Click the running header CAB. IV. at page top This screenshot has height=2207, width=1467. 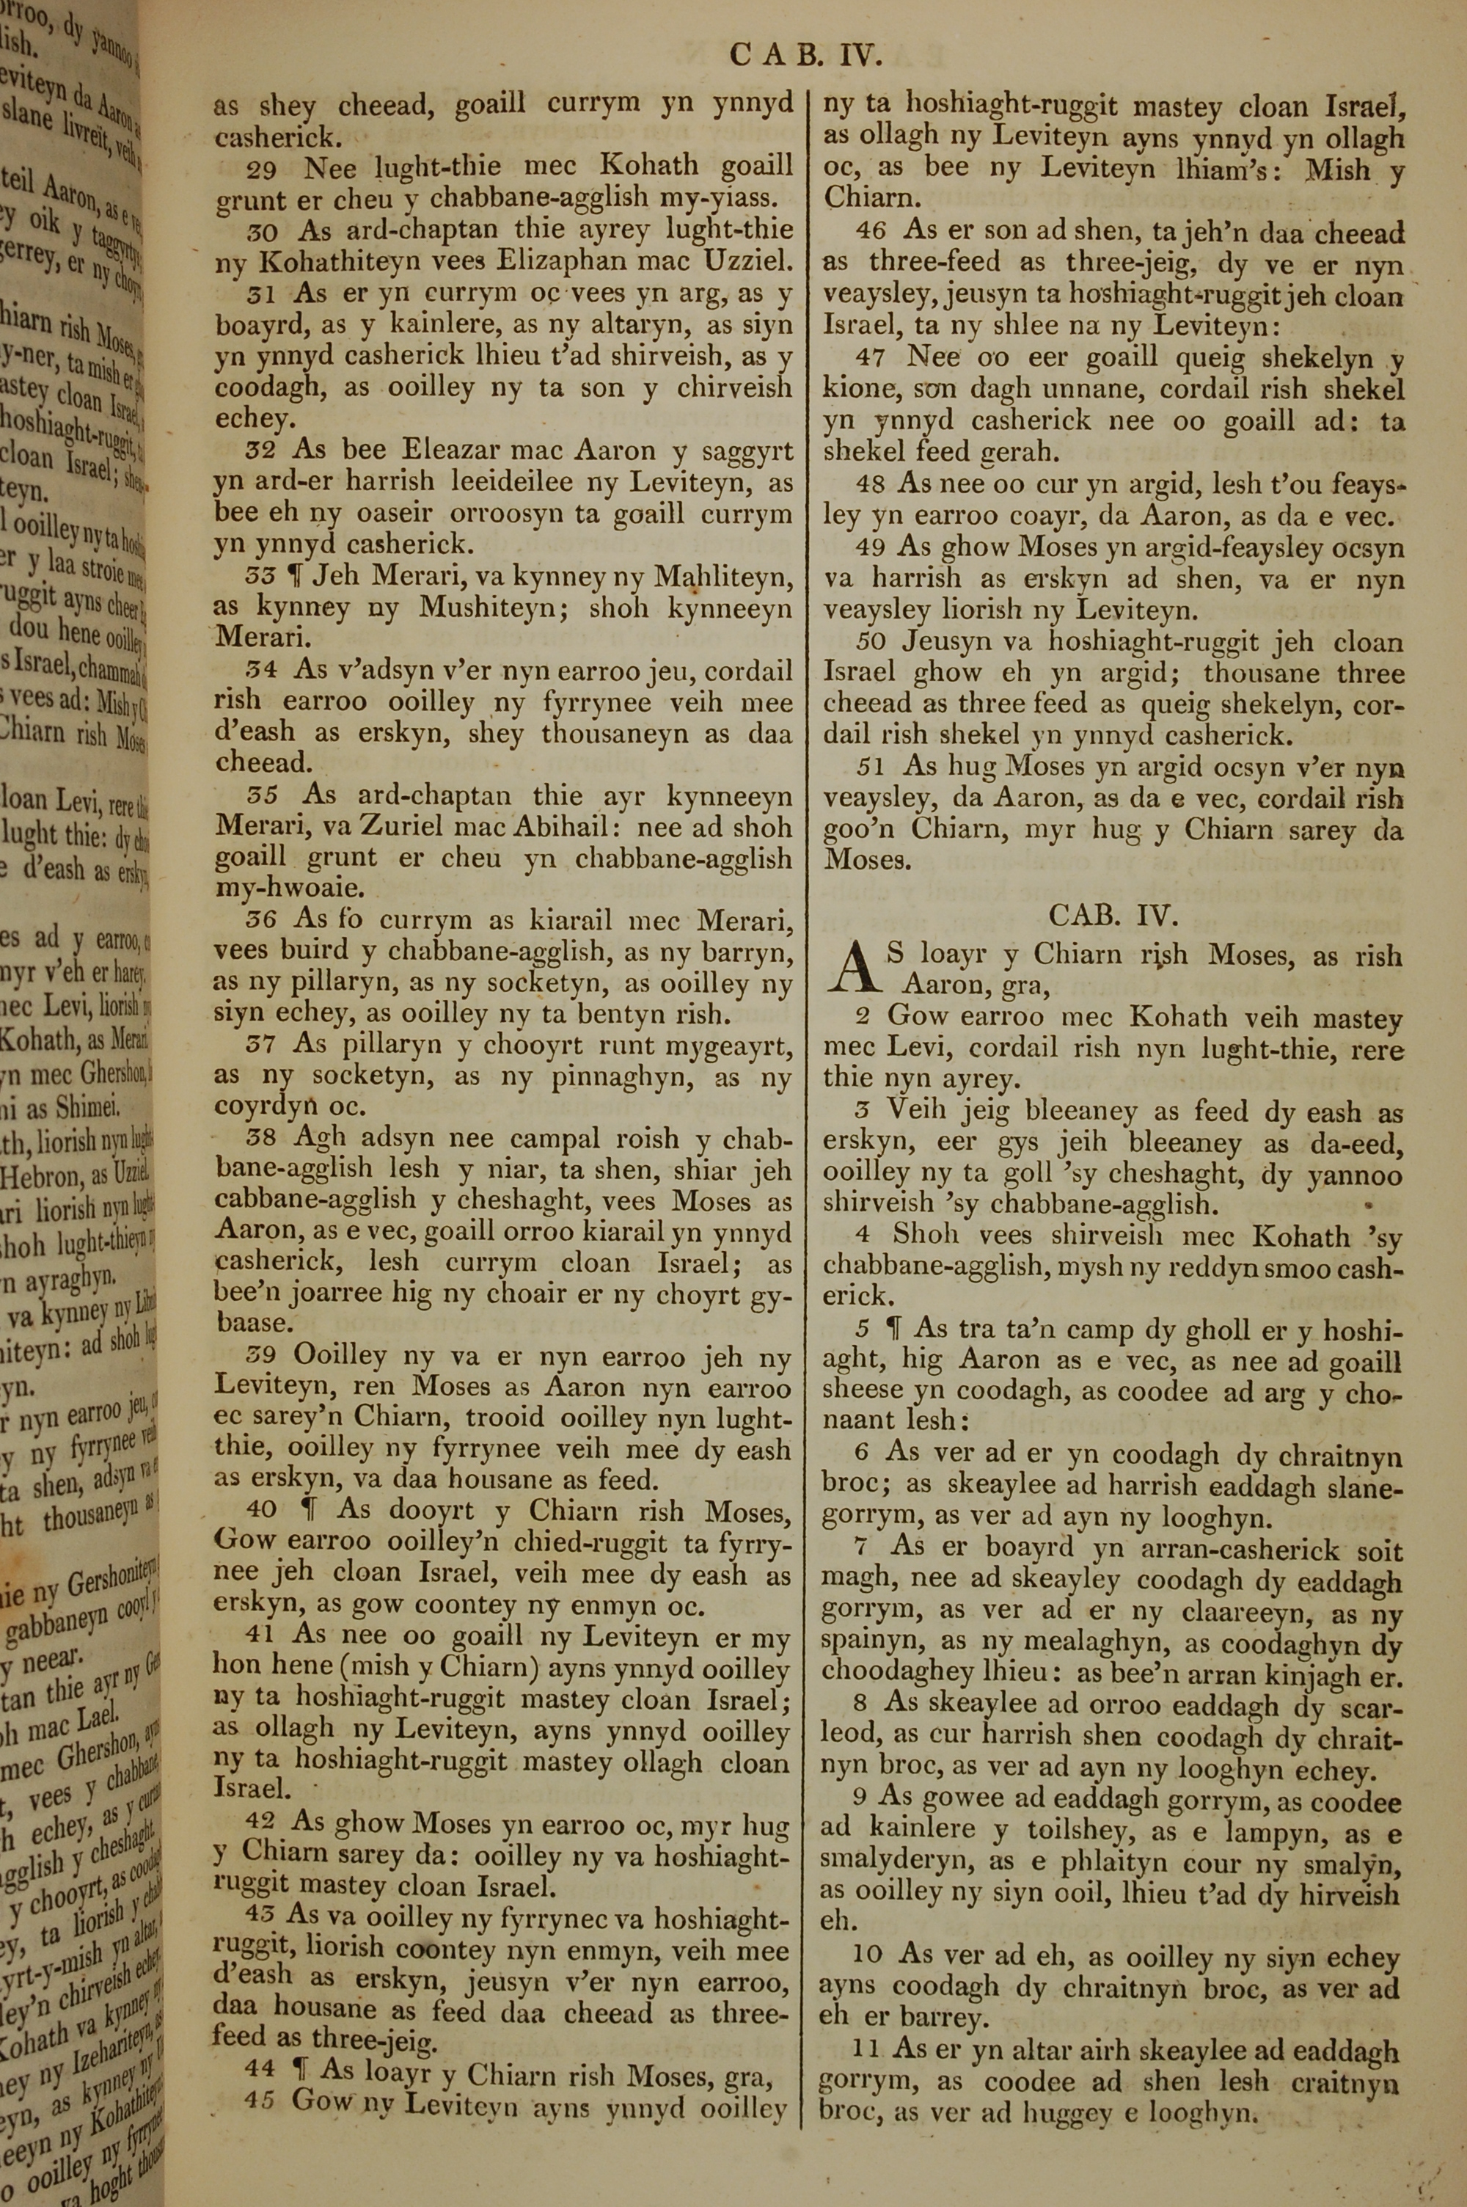[805, 57]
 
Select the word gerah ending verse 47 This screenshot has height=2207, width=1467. [1018, 453]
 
